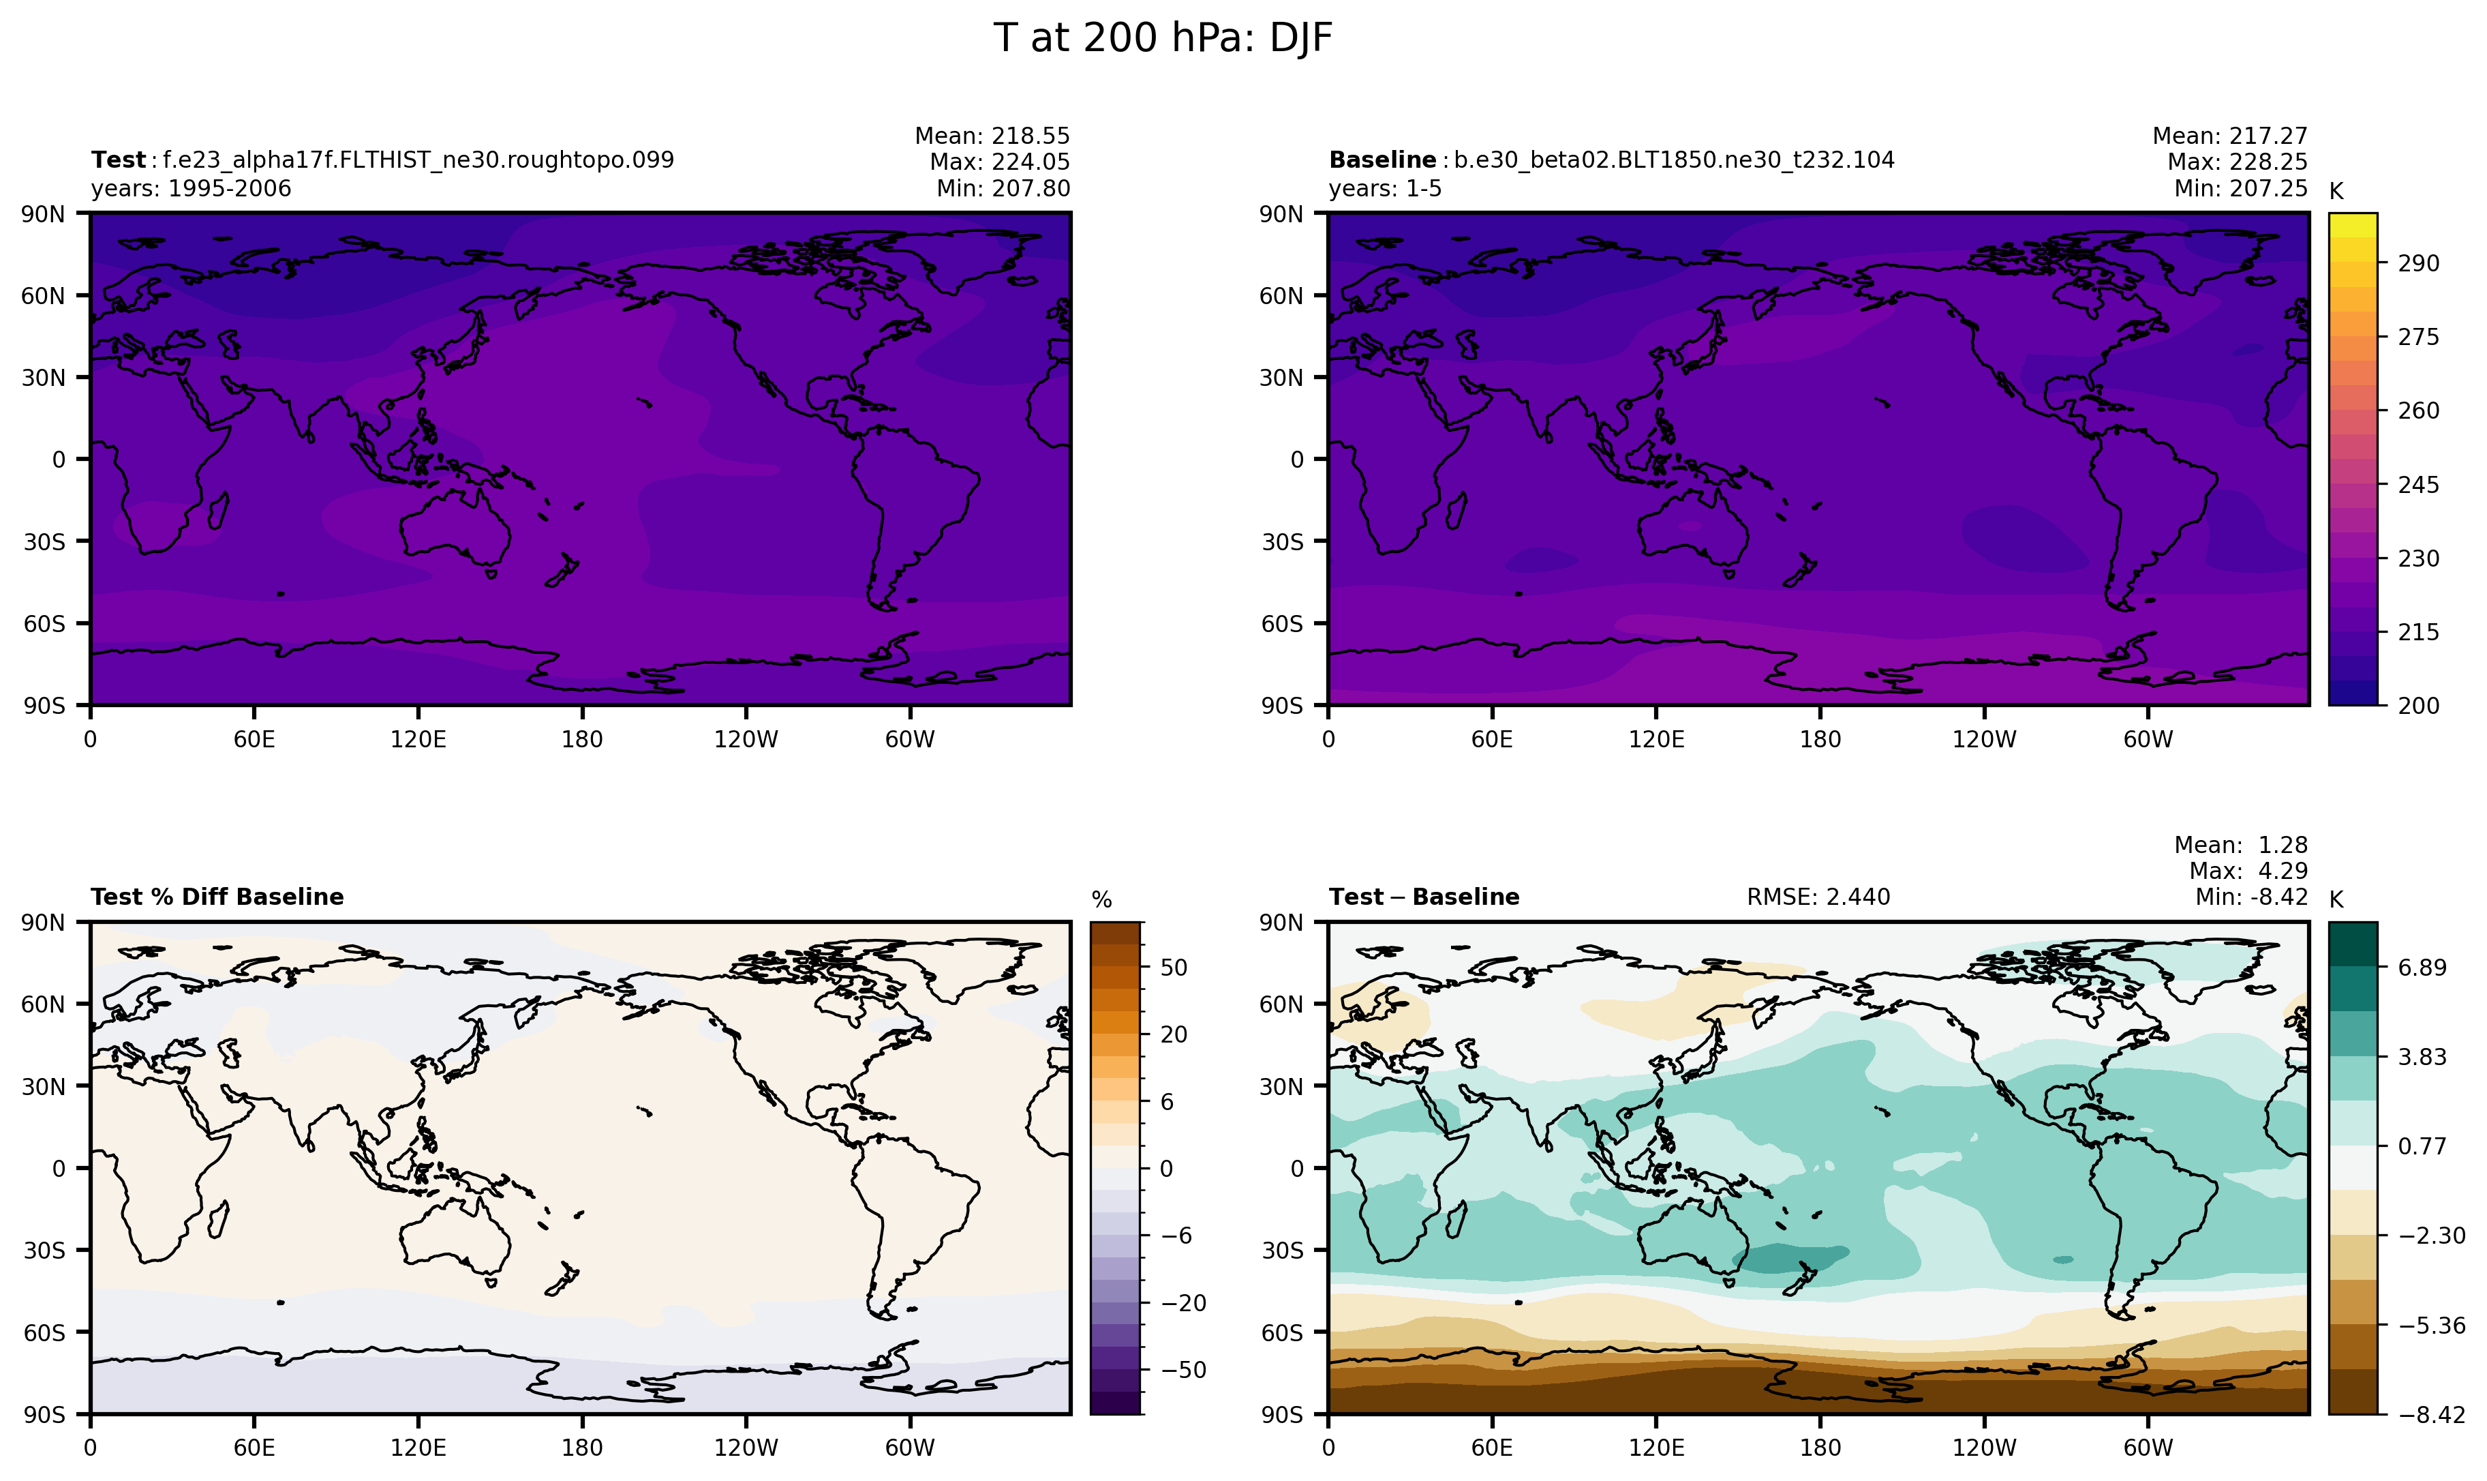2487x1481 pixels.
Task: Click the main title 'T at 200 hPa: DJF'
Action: [x=1162, y=39]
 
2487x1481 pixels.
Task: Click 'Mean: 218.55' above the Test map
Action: [x=992, y=136]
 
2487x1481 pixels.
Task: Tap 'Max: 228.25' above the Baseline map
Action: [x=2237, y=162]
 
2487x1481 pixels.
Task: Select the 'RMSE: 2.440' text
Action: [x=1818, y=897]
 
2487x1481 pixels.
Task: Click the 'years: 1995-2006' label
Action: [x=191, y=189]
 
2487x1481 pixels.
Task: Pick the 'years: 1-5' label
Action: [x=1385, y=189]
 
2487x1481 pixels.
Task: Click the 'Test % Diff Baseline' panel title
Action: [x=217, y=897]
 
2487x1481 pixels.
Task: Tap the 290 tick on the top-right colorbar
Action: [x=2418, y=263]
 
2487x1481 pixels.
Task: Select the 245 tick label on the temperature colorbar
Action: [x=2418, y=485]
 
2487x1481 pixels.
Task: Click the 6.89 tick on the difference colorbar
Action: [x=2422, y=967]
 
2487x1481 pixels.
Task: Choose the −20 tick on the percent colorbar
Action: [x=1183, y=1302]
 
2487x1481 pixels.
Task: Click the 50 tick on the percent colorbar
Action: [x=1174, y=967]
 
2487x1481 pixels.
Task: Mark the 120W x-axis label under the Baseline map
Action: [x=1983, y=740]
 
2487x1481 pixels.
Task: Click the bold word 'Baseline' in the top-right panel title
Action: [x=1382, y=160]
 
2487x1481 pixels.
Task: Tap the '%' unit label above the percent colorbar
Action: [x=1101, y=900]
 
